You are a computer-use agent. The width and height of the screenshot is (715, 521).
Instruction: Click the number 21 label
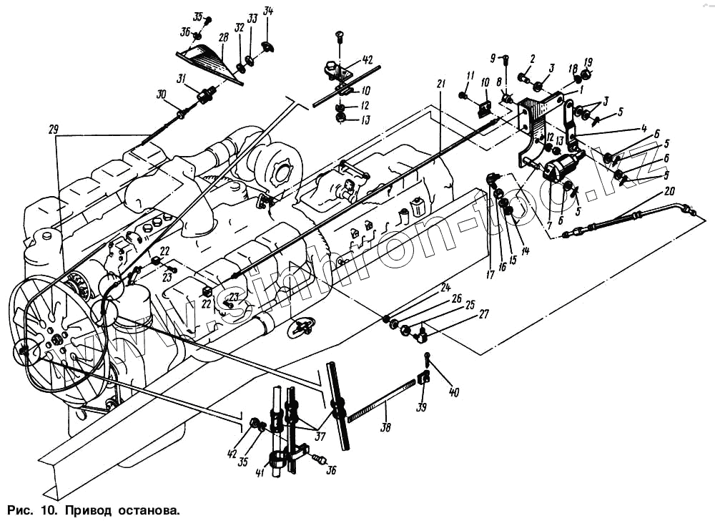[440, 84]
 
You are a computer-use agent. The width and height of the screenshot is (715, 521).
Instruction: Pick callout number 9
[493, 57]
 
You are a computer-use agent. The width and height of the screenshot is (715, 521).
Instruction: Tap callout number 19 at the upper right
[588, 62]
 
